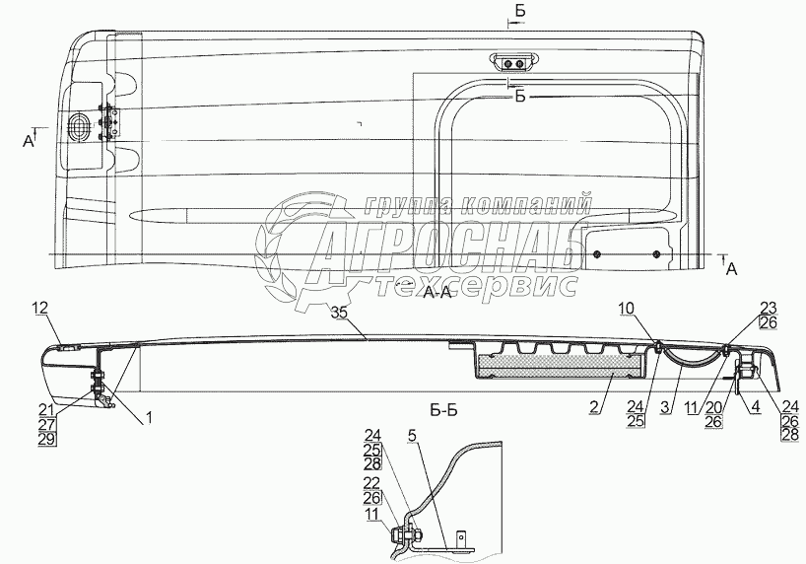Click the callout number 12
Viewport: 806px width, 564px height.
coord(39,310)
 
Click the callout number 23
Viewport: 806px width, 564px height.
coord(769,307)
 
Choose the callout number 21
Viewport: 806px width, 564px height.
coord(46,409)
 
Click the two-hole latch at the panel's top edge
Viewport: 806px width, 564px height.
coord(512,62)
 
